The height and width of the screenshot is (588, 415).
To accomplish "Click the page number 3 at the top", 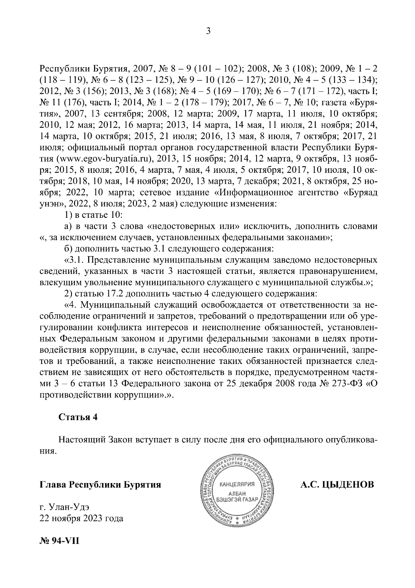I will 208,32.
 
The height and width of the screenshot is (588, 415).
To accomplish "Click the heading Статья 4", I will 78,417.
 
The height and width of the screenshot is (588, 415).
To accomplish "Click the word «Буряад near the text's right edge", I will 359,193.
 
